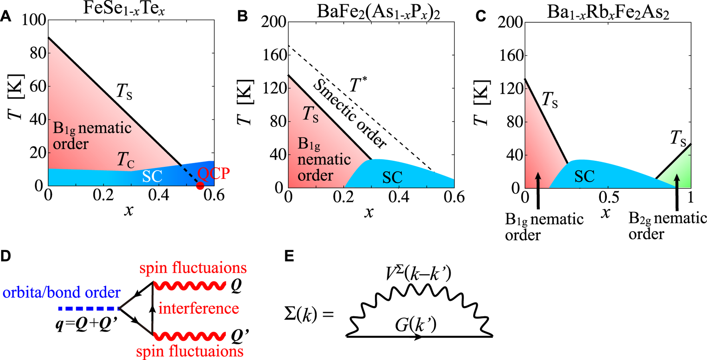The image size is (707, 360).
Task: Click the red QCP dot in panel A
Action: [x=200, y=186]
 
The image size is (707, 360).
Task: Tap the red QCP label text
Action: [x=213, y=174]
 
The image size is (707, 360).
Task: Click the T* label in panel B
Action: [x=358, y=85]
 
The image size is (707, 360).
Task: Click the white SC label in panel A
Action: [x=152, y=176]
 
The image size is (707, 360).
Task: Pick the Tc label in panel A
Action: [x=125, y=160]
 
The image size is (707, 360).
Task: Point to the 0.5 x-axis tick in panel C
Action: [x=609, y=197]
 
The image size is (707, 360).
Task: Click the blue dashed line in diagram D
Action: [x=89, y=309]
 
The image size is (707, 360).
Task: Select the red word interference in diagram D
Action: [x=199, y=309]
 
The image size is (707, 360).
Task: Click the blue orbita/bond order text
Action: [x=61, y=293]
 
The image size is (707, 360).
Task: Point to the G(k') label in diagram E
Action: [x=416, y=325]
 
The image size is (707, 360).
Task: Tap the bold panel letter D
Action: [x=6, y=256]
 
